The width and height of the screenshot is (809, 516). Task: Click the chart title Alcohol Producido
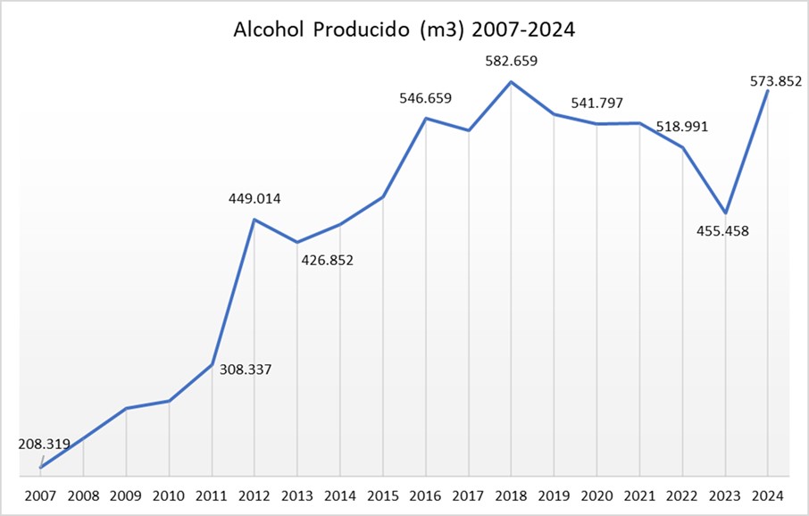(404, 29)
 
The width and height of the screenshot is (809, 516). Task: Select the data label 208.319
(44, 443)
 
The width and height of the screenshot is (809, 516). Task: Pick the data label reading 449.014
(254, 199)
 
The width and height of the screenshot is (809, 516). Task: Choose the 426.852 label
(327, 261)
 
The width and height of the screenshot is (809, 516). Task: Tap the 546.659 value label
(425, 98)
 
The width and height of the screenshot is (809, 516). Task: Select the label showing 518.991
(681, 127)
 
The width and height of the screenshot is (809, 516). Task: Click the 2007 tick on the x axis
(40, 495)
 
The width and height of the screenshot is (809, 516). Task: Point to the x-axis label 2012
(254, 495)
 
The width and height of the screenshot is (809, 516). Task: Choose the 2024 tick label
(769, 495)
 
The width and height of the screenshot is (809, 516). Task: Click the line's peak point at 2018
(511, 82)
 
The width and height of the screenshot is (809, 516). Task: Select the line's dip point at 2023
(725, 213)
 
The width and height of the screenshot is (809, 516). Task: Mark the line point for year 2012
(254, 220)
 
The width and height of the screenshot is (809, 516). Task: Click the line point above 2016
(426, 118)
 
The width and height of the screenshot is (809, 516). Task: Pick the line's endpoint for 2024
(768, 91)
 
